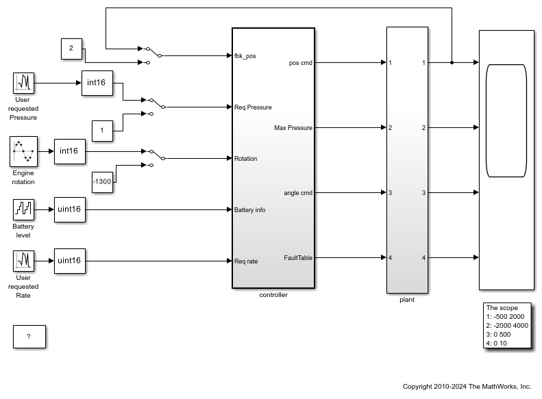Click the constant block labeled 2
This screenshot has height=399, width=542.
pyautogui.click(x=71, y=49)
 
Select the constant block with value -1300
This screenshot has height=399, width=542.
pyautogui.click(x=103, y=181)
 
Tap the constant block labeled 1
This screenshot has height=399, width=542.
pyautogui.click(x=102, y=130)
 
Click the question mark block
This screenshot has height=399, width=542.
pyautogui.click(x=29, y=337)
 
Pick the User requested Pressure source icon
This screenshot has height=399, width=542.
pyautogui.click(x=24, y=83)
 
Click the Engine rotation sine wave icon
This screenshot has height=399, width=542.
pyautogui.click(x=23, y=152)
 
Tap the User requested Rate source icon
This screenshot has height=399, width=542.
pyautogui.click(x=24, y=261)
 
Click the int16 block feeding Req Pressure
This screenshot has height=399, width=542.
pyautogui.click(x=101, y=83)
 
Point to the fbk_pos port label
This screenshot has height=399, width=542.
pyautogui.click(x=245, y=55)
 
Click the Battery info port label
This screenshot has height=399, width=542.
pyautogui.click(x=249, y=210)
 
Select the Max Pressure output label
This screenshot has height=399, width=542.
pyautogui.click(x=293, y=128)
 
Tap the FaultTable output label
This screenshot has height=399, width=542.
pyautogui.click(x=298, y=258)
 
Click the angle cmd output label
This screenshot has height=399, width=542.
pyautogui.click(x=298, y=193)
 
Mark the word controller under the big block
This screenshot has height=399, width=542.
pyautogui.click(x=273, y=295)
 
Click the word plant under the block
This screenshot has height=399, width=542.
pyautogui.click(x=407, y=299)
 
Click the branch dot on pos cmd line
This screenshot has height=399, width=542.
pyautogui.click(x=452, y=62)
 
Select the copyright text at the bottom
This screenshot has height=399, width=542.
pyautogui.click(x=467, y=387)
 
